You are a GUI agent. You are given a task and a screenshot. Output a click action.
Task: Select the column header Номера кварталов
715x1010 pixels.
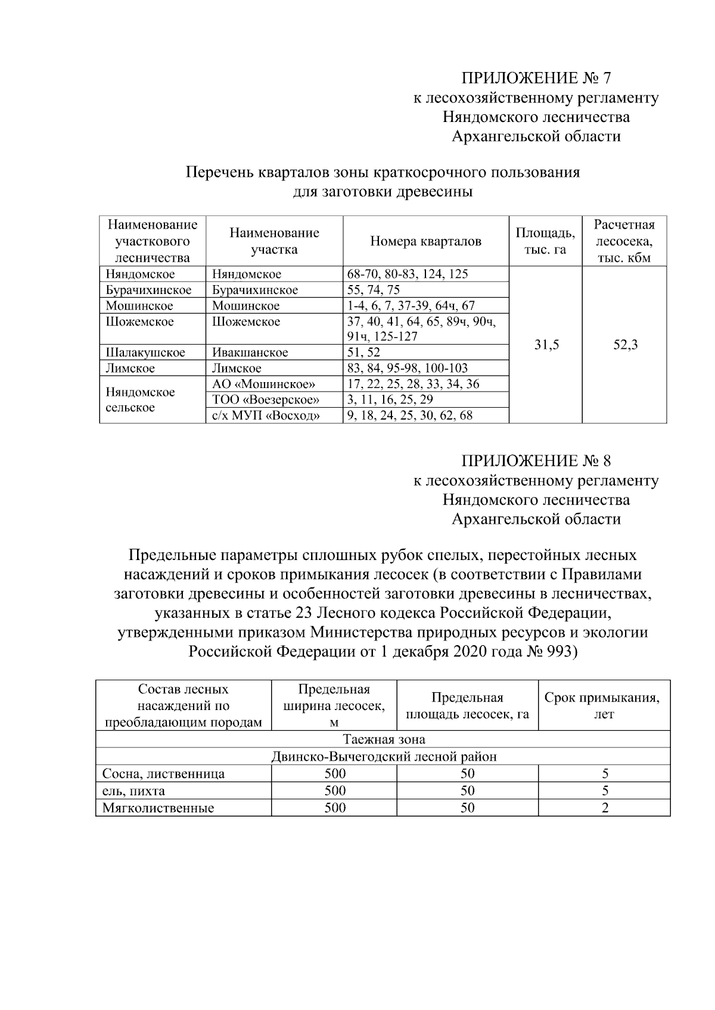[x=425, y=241]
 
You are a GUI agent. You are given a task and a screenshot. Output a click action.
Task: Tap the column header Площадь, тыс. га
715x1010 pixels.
[x=545, y=241]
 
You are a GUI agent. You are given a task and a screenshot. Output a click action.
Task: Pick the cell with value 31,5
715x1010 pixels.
[x=546, y=345]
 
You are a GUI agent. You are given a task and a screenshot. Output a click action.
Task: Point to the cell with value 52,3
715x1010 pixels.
[x=625, y=345]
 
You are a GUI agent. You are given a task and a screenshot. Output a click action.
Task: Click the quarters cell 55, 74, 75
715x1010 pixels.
[x=374, y=290]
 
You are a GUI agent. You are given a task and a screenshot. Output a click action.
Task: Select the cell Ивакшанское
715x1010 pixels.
[x=250, y=352]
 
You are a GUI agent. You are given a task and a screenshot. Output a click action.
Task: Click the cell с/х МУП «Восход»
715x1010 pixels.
[x=266, y=415]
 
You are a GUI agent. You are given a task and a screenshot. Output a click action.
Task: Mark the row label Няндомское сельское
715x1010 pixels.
[x=140, y=400]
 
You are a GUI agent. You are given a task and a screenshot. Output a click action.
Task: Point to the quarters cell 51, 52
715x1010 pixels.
[x=363, y=352]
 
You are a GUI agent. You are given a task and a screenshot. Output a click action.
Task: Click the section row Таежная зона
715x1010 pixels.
[x=384, y=740]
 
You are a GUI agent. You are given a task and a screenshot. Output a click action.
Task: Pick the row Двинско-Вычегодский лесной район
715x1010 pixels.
[x=384, y=756]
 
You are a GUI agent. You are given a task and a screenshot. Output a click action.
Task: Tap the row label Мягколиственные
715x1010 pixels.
[x=158, y=808]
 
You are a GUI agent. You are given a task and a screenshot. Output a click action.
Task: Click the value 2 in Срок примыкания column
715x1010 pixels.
[x=605, y=808]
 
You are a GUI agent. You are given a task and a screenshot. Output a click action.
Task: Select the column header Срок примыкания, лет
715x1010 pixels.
[x=602, y=705]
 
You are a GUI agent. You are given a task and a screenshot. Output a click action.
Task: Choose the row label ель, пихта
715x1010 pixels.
[x=134, y=791]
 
